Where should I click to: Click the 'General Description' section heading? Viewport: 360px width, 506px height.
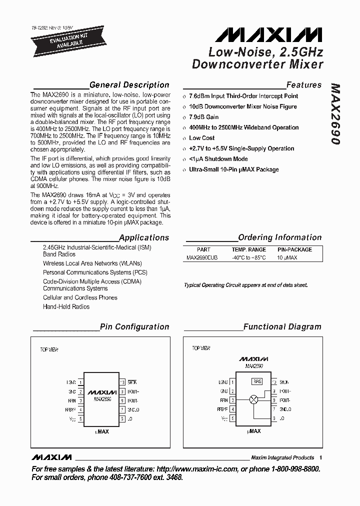point(129,85)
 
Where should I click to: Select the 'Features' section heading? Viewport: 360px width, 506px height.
point(303,85)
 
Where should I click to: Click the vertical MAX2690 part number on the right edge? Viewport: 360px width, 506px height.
point(335,114)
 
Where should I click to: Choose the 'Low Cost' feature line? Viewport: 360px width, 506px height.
point(202,138)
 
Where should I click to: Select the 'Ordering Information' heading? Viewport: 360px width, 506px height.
point(279,237)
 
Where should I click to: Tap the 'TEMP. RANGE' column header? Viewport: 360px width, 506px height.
point(248,249)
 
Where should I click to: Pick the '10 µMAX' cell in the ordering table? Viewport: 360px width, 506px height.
point(287,257)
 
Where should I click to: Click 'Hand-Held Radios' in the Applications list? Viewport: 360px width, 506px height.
point(66,306)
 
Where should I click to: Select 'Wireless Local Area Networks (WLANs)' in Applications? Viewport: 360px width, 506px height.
point(92,263)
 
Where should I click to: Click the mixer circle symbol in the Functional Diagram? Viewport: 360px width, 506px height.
point(253,400)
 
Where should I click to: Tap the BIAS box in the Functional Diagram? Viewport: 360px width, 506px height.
point(256,381)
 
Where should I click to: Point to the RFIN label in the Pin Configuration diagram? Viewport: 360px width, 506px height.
point(72,400)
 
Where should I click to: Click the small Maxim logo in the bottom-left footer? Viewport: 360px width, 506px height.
point(51,457)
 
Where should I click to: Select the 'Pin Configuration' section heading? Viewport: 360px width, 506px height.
point(134,327)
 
